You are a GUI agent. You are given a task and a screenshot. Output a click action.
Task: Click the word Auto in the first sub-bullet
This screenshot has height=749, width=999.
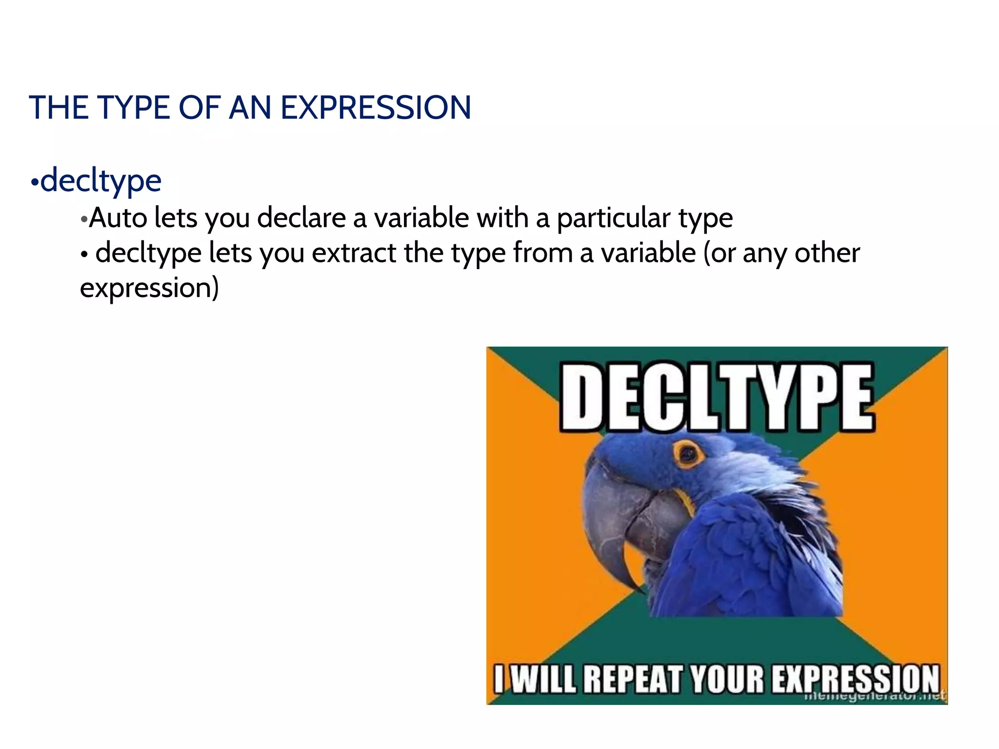(118, 217)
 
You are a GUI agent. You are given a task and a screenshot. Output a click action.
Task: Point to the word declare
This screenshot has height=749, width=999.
(301, 217)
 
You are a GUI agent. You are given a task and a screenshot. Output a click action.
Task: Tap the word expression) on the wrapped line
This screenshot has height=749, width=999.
(149, 288)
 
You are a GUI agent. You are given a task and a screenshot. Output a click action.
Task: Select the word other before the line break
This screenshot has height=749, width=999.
(827, 253)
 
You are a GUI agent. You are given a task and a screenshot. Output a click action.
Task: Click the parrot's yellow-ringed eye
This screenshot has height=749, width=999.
(689, 453)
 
